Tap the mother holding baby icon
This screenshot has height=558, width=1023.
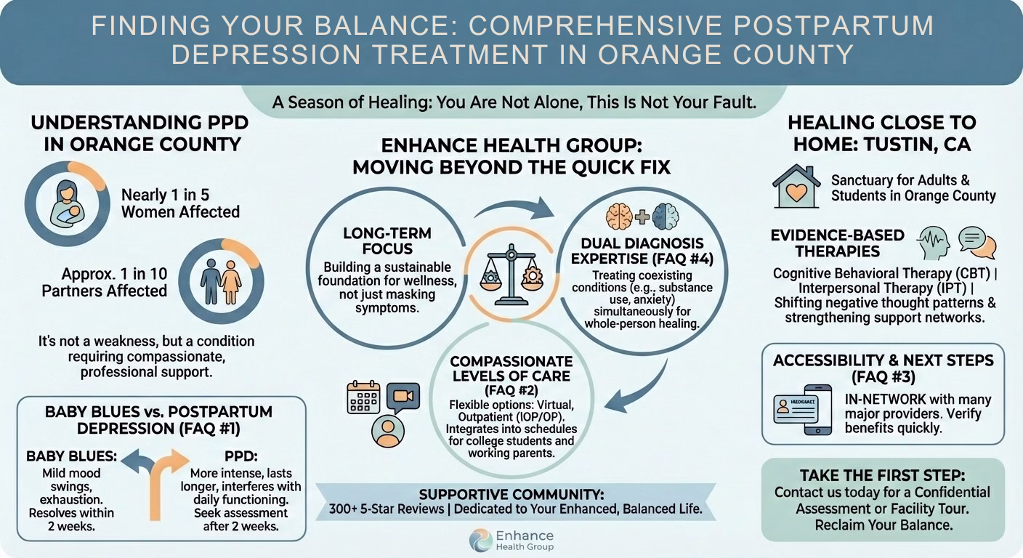67,203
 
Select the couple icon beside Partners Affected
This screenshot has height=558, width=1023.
221,282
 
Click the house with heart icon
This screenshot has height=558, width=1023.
796,186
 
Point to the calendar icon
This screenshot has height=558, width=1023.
363,397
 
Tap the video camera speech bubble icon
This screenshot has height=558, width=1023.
403,397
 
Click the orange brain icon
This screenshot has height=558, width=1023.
619,217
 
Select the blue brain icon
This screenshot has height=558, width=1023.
666,217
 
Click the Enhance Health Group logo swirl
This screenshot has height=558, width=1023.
480,540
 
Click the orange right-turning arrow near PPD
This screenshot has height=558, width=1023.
166,483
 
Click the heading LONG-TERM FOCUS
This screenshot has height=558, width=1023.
387,240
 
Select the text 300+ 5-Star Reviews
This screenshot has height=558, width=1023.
387,509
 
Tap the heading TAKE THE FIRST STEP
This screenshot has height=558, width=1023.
882,475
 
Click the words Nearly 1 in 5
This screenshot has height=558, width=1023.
165,195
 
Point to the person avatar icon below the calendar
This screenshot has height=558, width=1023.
388,431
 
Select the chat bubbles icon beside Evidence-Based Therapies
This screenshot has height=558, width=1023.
977,243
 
